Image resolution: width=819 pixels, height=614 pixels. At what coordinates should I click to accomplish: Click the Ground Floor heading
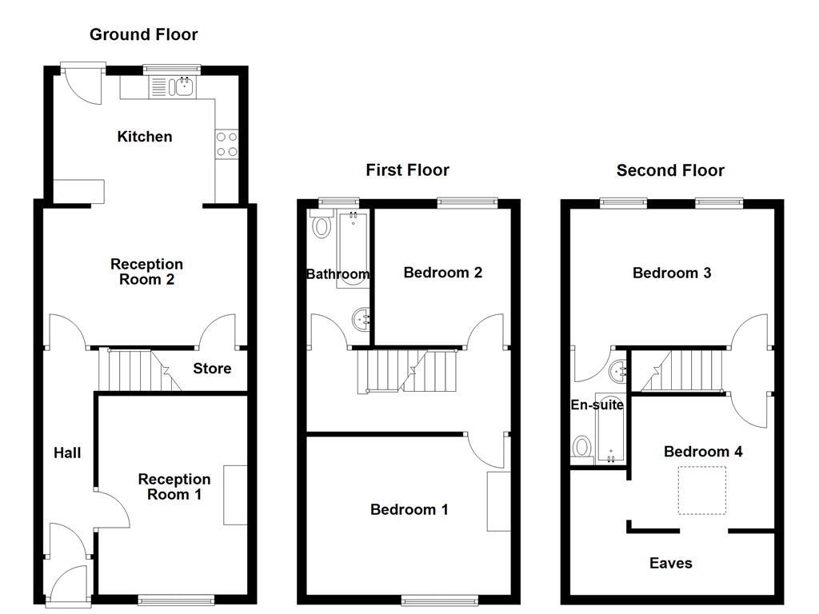coord(143,34)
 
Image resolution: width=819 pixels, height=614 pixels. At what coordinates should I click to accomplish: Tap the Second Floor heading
coord(670,170)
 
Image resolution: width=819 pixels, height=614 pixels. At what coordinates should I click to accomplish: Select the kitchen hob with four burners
coord(227,144)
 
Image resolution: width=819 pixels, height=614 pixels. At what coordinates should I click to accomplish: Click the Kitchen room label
coord(145,137)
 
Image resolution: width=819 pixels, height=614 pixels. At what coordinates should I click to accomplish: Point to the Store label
coord(212,369)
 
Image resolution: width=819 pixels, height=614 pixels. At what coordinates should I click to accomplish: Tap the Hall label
coord(67,453)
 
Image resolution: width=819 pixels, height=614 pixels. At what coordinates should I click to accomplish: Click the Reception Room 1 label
coord(174,486)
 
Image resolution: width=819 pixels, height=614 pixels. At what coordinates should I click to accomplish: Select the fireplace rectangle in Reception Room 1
coord(235,494)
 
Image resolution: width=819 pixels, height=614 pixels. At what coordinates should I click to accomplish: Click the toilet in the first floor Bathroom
coord(322,226)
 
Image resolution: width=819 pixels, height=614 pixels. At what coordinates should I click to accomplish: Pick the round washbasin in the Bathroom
coord(362,320)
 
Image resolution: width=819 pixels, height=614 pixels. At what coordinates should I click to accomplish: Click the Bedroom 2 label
coord(442,273)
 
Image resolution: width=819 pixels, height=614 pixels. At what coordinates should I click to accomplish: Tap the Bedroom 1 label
coord(409,509)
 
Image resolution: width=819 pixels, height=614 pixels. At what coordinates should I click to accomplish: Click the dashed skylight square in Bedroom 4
coord(702,490)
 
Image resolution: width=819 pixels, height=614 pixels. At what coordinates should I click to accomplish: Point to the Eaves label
coord(670,563)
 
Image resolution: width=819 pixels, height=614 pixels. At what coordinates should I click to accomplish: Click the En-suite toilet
coord(581,446)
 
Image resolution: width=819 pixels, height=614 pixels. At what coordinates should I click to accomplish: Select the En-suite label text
coord(597,405)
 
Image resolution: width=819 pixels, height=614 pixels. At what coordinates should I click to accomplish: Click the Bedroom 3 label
coord(672,273)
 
